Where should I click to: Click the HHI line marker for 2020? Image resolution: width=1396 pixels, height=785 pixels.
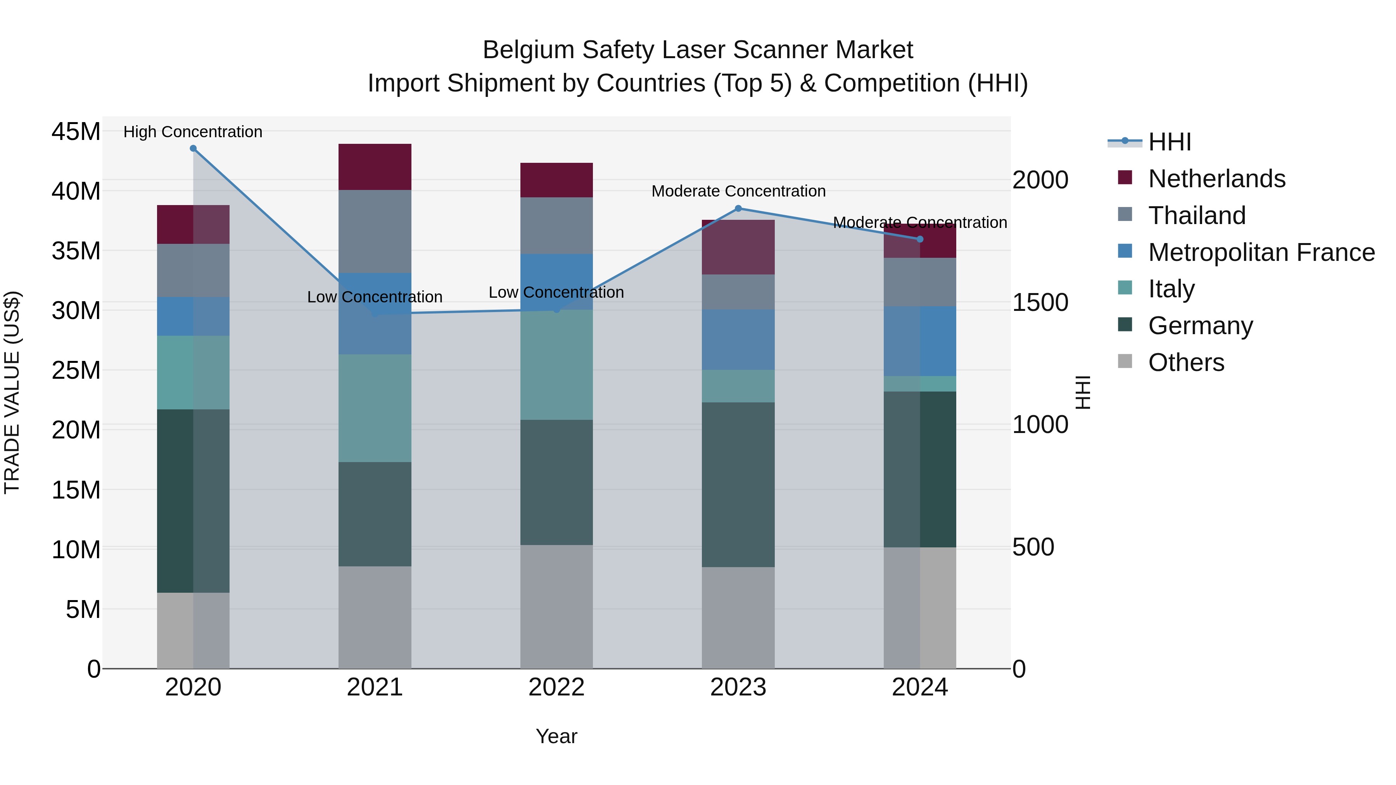(193, 148)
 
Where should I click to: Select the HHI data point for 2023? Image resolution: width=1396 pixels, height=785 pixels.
(738, 209)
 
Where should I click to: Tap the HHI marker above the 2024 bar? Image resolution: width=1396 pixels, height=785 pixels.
(920, 239)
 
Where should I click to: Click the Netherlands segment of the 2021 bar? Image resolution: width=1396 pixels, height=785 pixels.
(375, 167)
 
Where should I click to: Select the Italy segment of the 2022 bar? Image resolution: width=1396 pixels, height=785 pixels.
(556, 365)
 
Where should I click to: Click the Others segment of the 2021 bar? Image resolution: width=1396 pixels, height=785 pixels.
(375, 617)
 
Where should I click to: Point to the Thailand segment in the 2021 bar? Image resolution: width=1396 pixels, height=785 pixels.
(375, 231)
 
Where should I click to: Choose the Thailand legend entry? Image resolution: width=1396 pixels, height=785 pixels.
(1197, 216)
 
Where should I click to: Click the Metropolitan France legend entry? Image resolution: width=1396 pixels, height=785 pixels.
(1261, 252)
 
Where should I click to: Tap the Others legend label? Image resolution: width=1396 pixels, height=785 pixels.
(1186, 362)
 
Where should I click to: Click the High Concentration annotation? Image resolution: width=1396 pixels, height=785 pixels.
(193, 132)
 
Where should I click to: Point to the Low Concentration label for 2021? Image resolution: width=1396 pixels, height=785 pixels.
(375, 297)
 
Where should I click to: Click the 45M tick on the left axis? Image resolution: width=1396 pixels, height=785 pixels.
(76, 132)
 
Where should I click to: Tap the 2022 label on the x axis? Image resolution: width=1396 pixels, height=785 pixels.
(556, 687)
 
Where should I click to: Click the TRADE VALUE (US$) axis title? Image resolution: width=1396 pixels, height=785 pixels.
(12, 392)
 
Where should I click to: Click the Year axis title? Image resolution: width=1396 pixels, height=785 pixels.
(556, 736)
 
